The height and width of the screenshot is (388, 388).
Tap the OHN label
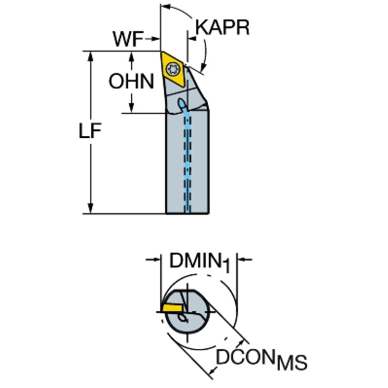132,81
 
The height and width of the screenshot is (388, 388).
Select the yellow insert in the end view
172,308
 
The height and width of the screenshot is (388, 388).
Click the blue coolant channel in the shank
188,162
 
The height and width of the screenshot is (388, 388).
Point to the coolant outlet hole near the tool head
181,103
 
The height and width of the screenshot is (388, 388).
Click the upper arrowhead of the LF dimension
91,55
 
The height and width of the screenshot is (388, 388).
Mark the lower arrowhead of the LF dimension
91,209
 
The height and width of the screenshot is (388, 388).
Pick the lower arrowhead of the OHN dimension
132,107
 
